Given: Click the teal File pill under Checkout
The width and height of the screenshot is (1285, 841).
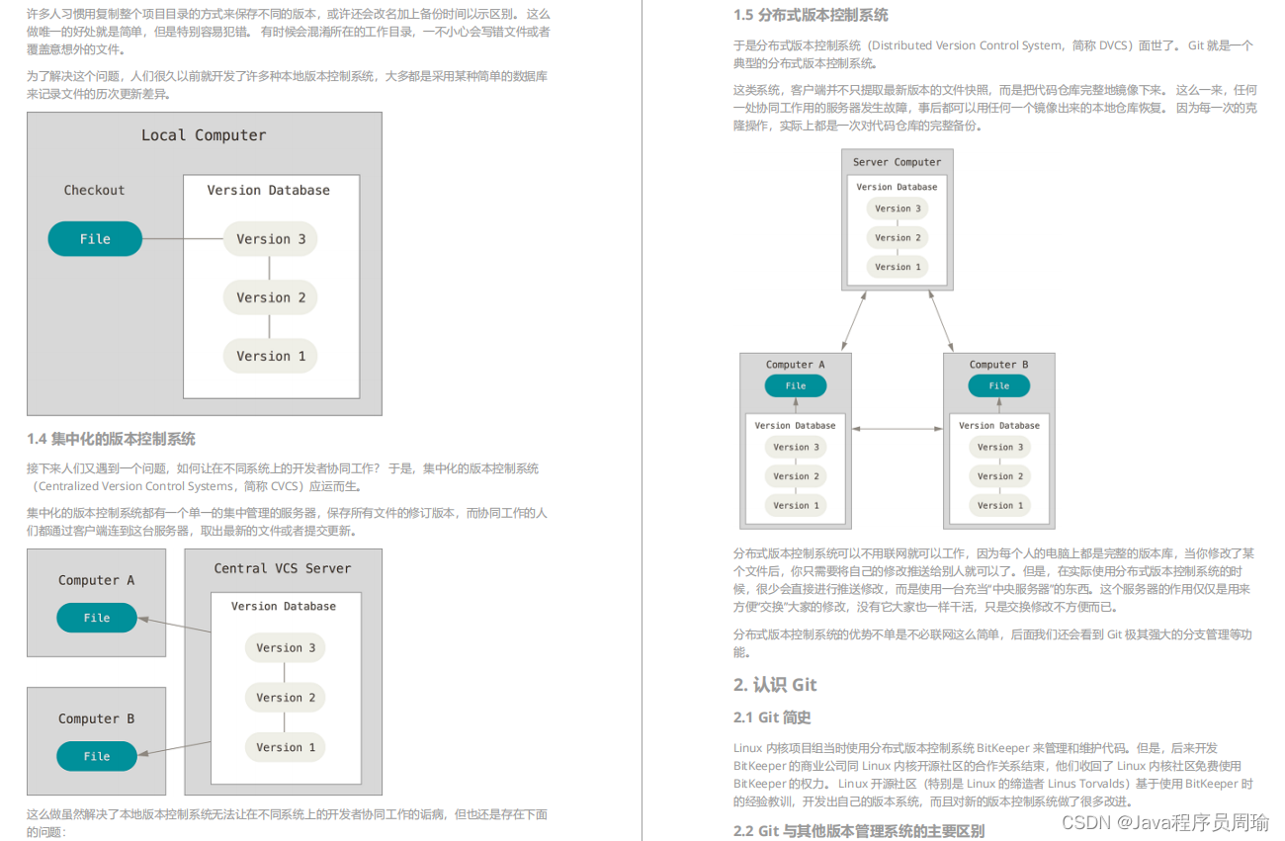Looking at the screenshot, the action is pyautogui.click(x=95, y=239).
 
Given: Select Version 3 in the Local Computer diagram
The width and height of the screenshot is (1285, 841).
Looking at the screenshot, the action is pyautogui.click(x=270, y=239).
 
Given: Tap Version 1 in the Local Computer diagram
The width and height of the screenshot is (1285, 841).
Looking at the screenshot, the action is pyautogui.click(x=270, y=357).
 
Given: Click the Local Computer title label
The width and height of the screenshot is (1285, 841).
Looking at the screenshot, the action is pyautogui.click(x=204, y=135).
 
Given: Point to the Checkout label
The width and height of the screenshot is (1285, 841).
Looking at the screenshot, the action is pyautogui.click(x=95, y=191).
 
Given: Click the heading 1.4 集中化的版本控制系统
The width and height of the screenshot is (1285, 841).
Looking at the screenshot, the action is pyautogui.click(x=111, y=439).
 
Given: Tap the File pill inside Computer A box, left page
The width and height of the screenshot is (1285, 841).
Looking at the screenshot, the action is pyautogui.click(x=97, y=618).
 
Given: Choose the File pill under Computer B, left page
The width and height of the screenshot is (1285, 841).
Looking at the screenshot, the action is pyautogui.click(x=97, y=756).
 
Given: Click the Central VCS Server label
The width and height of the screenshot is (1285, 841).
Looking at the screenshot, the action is pyautogui.click(x=283, y=568).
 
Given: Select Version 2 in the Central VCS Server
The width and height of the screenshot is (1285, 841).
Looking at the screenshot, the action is pyautogui.click(x=286, y=698).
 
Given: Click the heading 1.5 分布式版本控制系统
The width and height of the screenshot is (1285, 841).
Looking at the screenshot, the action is pyautogui.click(x=811, y=15).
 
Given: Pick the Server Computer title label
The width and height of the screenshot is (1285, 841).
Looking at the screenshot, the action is pyautogui.click(x=898, y=162).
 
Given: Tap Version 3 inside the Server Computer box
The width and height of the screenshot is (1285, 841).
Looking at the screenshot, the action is pyautogui.click(x=898, y=209).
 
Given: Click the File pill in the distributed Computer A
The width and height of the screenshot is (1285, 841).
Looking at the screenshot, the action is pyautogui.click(x=796, y=386).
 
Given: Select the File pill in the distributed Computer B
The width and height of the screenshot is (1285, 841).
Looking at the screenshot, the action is pyautogui.click(x=999, y=386).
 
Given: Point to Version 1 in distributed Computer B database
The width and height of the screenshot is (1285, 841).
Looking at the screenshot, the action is pyautogui.click(x=999, y=506).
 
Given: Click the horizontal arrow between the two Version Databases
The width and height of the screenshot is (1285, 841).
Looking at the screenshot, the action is pyautogui.click(x=898, y=429).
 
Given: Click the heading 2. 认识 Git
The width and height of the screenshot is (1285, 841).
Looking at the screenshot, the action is pyautogui.click(x=775, y=685).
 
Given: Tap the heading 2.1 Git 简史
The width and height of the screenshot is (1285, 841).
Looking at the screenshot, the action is pyautogui.click(x=772, y=717).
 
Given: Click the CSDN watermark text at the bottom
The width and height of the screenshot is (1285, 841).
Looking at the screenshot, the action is pyautogui.click(x=1170, y=822).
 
